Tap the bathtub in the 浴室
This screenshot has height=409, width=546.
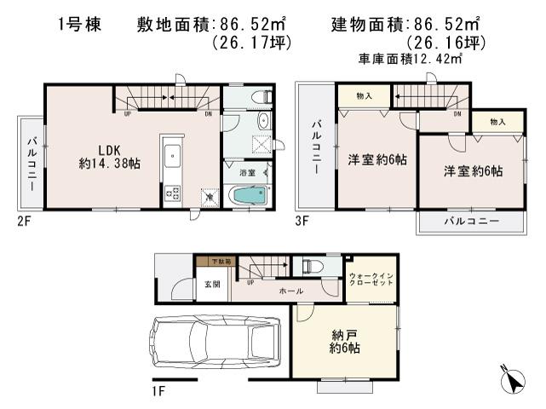tap(250, 195)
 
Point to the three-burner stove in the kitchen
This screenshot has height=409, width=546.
tap(170, 194)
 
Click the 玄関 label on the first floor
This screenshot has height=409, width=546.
tap(212, 285)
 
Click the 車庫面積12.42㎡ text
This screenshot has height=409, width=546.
tap(409, 59)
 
